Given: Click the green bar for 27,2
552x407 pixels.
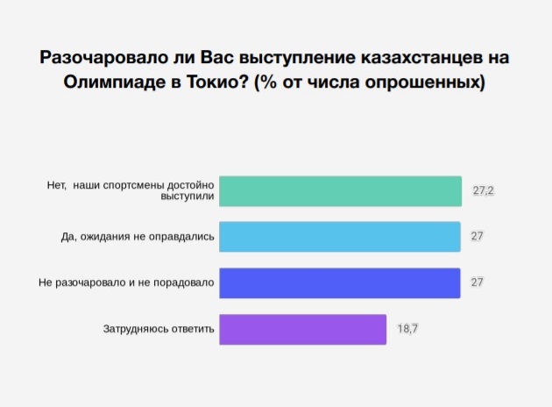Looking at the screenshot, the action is pos(340,191).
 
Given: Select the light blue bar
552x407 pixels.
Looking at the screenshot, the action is pos(340,237).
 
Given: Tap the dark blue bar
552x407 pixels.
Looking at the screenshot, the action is pos(340,283).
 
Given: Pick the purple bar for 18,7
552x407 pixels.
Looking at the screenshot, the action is pos(303,330).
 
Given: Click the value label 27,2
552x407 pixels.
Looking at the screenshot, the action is pos(483,190).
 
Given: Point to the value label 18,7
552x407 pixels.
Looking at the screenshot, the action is pos(407,329).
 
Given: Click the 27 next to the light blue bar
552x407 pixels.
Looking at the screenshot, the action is pos(477,236).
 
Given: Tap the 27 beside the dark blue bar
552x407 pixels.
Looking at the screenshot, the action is pos(477,282).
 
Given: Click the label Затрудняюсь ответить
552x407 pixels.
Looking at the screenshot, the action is pos(159,329).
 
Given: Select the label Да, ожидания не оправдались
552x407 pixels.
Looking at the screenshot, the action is pos(138,237).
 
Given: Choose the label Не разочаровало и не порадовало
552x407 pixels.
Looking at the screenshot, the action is pos(126,282).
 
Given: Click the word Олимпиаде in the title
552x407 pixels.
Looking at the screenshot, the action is pos(115,82).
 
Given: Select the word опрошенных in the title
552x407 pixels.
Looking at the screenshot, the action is pos(422,82).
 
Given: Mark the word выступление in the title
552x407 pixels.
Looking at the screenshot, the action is pos(297,58).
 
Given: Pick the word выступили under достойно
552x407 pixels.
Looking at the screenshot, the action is pos(188,196).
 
